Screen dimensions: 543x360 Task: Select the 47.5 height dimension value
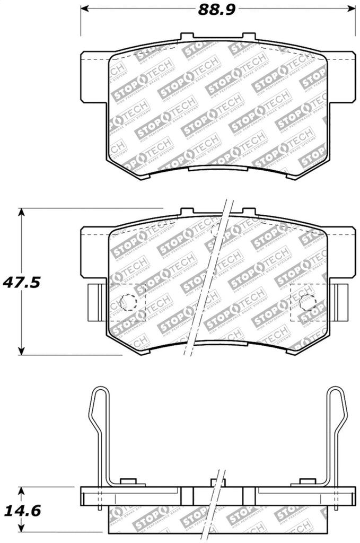pyautogui.click(x=22, y=282)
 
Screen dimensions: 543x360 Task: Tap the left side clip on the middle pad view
pyautogui.click(x=97, y=302)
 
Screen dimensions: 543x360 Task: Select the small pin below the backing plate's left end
pyautogui.click(x=100, y=507)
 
